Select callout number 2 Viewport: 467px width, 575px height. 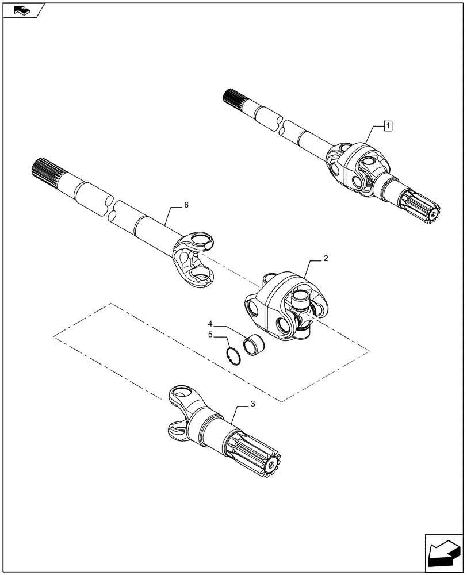coord(326,259)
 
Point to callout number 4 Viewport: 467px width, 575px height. coord(210,324)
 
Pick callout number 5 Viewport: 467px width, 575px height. coord(210,334)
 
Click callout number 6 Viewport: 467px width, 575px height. coord(185,205)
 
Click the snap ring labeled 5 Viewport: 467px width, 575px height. coord(232,357)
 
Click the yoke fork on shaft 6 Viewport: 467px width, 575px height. coord(196,259)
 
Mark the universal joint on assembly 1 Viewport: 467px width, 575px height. coord(354,169)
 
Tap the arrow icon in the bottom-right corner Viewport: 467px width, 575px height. coord(442,553)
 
